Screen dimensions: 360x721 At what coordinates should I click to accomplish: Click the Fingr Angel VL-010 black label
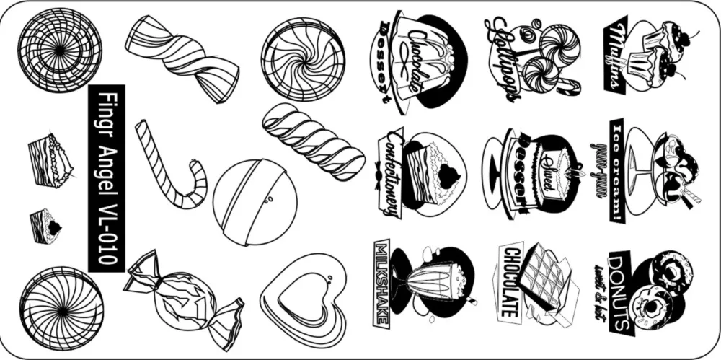click(x=106, y=178)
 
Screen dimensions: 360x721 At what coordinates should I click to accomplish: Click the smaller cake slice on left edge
click(x=45, y=224)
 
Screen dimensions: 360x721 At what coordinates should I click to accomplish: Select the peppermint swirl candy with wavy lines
click(x=304, y=59)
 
